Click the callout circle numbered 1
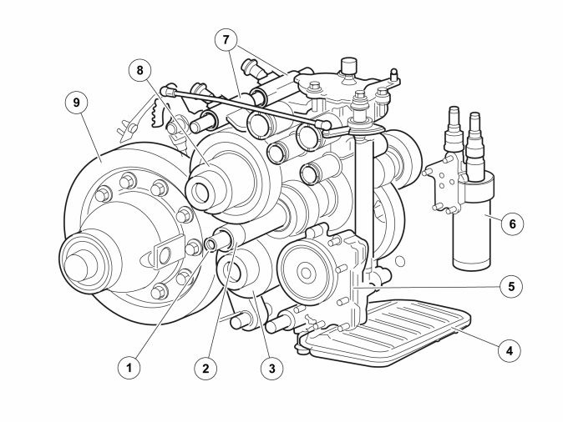(129, 367)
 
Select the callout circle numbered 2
(205, 368)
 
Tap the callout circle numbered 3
(271, 368)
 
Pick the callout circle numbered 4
(510, 350)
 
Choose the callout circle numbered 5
(512, 286)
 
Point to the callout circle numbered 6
(512, 224)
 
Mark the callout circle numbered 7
(226, 40)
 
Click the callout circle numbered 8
(140, 70)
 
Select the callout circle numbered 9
(76, 103)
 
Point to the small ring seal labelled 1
(210, 244)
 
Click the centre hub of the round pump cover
(306, 273)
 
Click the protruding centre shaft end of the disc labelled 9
(76, 266)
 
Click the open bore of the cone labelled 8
(200, 192)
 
